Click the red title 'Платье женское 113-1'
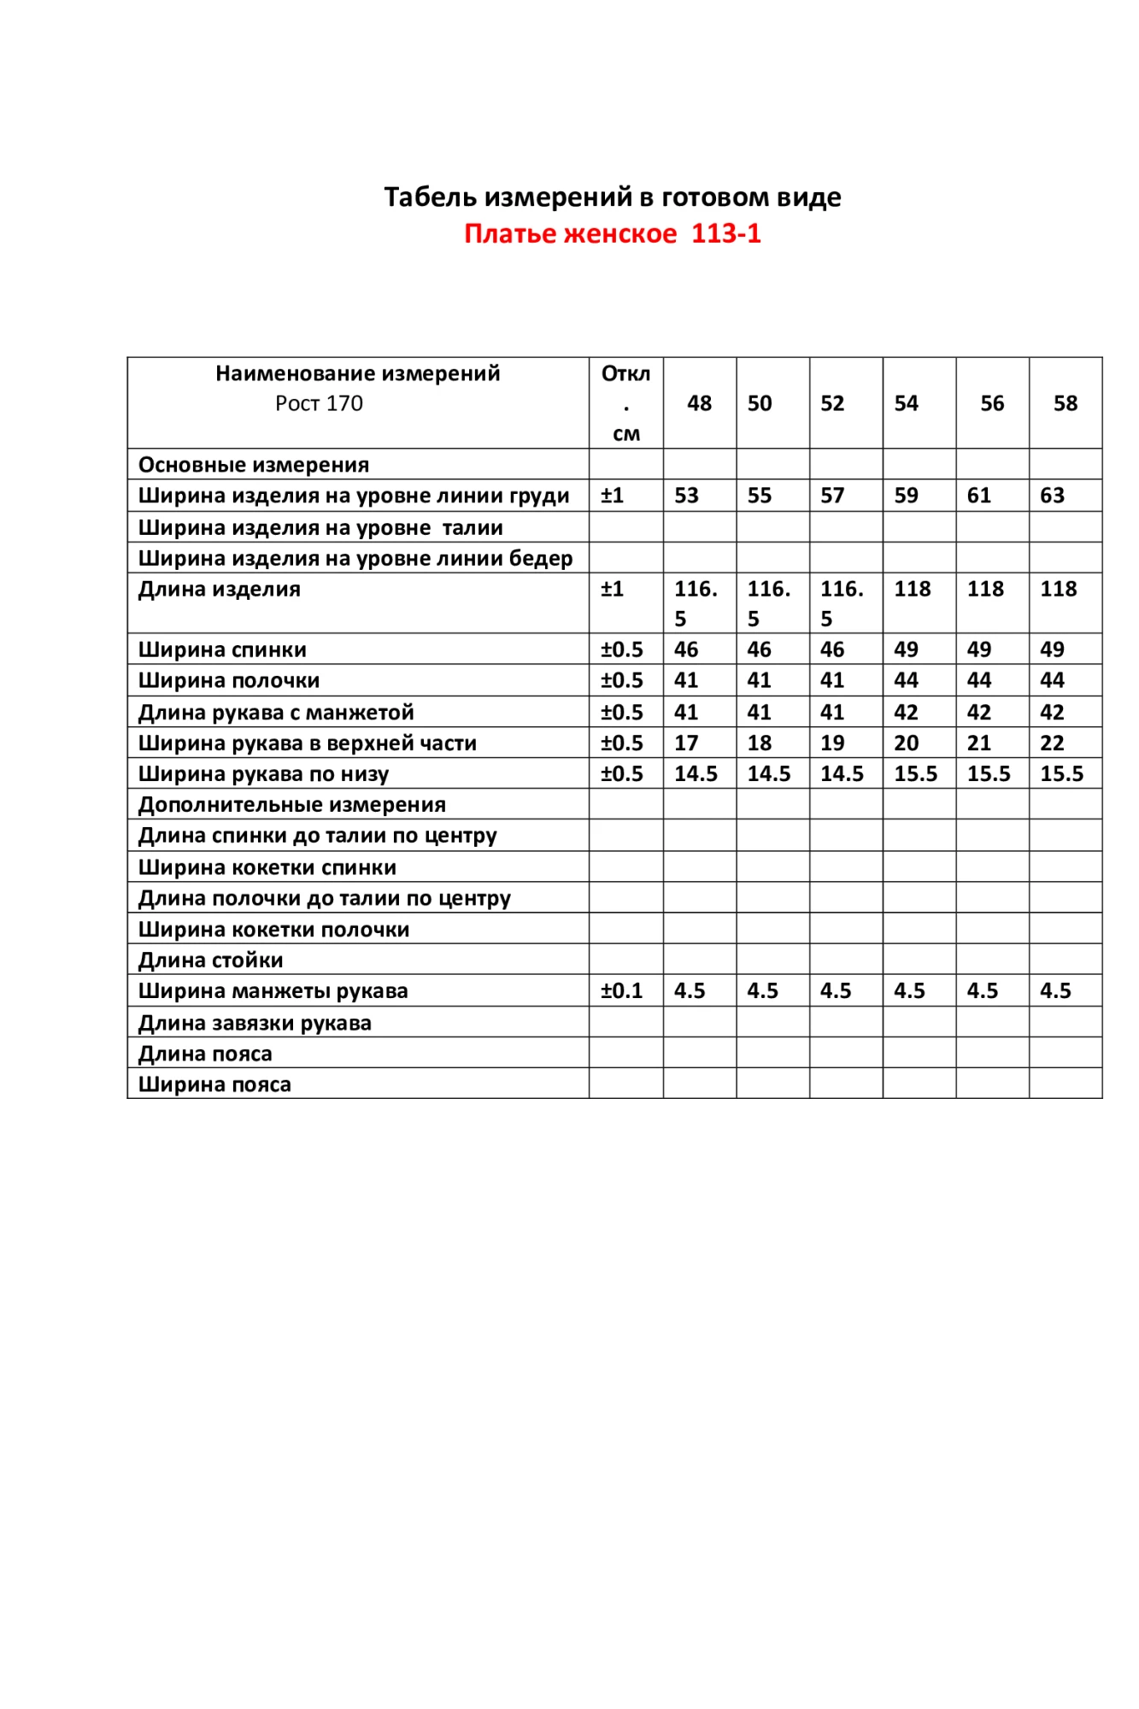(x=612, y=233)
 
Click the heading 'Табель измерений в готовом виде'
(x=612, y=197)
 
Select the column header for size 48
(x=699, y=403)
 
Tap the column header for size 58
(x=1065, y=403)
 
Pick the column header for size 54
(x=906, y=403)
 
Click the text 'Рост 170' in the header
(x=319, y=403)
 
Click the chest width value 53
(x=686, y=496)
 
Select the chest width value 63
(x=1052, y=496)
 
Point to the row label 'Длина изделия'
(x=220, y=589)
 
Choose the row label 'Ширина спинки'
(x=222, y=649)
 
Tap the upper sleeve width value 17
(x=686, y=743)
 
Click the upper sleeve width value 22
(x=1052, y=743)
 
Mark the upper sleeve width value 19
(x=832, y=743)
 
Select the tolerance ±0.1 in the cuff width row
(x=621, y=990)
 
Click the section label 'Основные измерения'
(x=254, y=465)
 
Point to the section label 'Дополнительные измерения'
(x=292, y=804)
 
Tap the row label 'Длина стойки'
(x=210, y=960)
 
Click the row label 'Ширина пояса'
(x=214, y=1084)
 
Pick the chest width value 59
(x=906, y=496)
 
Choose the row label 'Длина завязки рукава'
(x=255, y=1023)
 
